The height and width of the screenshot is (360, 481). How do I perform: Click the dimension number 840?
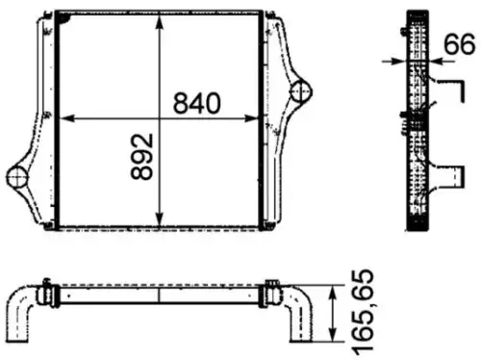coord(197,103)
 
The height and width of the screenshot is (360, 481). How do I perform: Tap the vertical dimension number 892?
coord(142,157)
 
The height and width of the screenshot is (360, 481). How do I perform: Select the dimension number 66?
coord(460,44)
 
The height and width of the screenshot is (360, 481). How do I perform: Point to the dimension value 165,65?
coord(363,313)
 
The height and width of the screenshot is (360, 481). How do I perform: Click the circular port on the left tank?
coord(17,177)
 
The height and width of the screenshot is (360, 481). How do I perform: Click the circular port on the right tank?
coord(301,91)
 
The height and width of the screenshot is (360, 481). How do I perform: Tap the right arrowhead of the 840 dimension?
coord(251,118)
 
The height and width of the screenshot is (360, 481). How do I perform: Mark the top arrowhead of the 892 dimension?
coord(160,22)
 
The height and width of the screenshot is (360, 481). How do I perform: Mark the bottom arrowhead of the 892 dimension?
coord(160,219)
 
